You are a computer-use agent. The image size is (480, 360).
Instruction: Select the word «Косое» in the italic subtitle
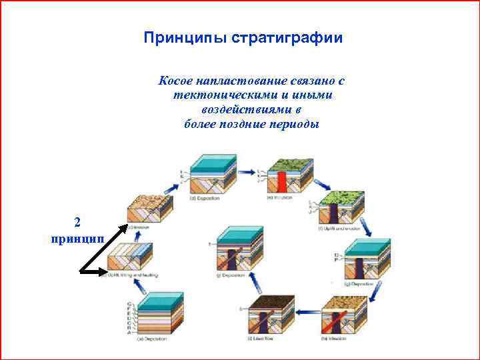tap(175, 81)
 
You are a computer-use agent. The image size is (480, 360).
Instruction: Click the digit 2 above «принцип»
tap(77, 223)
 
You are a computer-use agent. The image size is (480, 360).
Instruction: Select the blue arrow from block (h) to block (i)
tap(304, 310)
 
